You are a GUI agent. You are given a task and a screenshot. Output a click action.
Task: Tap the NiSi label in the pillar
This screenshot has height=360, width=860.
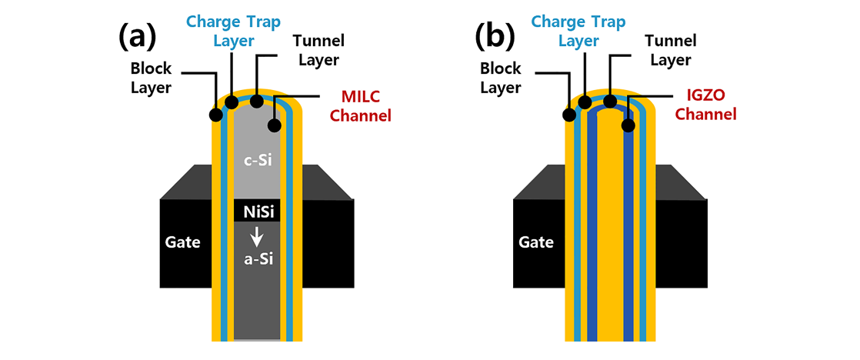tap(256, 210)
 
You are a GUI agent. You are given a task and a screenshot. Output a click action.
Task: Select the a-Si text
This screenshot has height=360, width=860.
tap(256, 261)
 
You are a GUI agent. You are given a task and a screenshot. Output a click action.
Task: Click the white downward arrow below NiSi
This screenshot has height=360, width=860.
tap(256, 235)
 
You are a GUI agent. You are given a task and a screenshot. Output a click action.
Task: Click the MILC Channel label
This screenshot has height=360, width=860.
tap(365, 106)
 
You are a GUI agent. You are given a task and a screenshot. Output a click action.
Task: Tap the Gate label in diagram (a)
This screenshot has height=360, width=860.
tap(182, 242)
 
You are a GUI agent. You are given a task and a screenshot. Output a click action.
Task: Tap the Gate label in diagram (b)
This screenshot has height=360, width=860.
tap(536, 242)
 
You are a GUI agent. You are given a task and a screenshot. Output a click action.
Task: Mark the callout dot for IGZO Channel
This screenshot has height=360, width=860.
tap(628, 124)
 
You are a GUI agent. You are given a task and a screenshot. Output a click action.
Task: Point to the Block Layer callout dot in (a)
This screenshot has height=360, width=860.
tap(215, 115)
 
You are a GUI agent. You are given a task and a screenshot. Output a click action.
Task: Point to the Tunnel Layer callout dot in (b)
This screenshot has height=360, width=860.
tap(610, 101)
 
